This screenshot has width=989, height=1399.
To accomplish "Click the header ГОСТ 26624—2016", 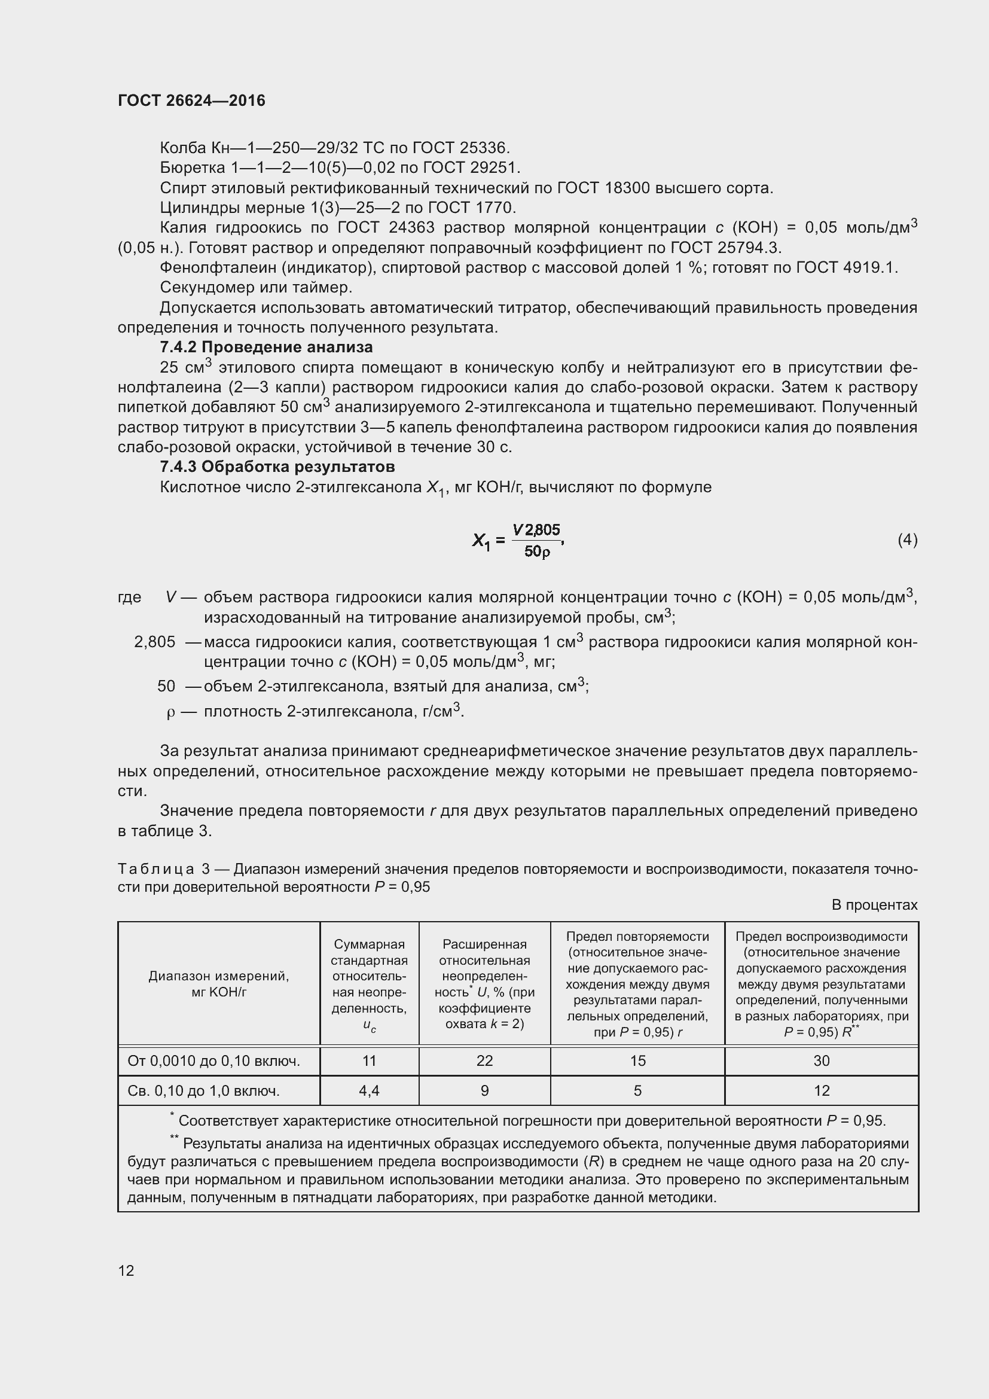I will (191, 100).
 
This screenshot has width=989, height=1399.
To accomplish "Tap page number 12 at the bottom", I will (126, 1270).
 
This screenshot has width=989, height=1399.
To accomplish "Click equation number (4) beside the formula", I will (908, 540).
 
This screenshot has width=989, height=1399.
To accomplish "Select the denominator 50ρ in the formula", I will (536, 552).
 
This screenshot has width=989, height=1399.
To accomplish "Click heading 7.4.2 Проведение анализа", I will (266, 348).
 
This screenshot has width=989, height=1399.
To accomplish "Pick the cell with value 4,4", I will (369, 1091).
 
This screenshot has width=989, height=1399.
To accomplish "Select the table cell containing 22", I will (484, 1061).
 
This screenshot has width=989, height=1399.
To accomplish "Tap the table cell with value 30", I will (821, 1061).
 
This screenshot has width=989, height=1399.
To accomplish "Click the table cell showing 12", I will (821, 1091).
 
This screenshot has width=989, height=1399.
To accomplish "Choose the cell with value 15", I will (637, 1061).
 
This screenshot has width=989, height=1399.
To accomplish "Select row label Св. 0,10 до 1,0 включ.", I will (203, 1092).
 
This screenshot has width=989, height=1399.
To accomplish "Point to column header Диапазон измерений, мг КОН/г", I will (219, 984).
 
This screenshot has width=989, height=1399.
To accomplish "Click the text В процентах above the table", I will (874, 905).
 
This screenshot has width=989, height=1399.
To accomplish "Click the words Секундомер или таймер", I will (256, 287).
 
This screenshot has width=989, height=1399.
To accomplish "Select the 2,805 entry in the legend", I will (155, 642).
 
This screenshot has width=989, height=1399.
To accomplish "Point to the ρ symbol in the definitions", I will (170, 712).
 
